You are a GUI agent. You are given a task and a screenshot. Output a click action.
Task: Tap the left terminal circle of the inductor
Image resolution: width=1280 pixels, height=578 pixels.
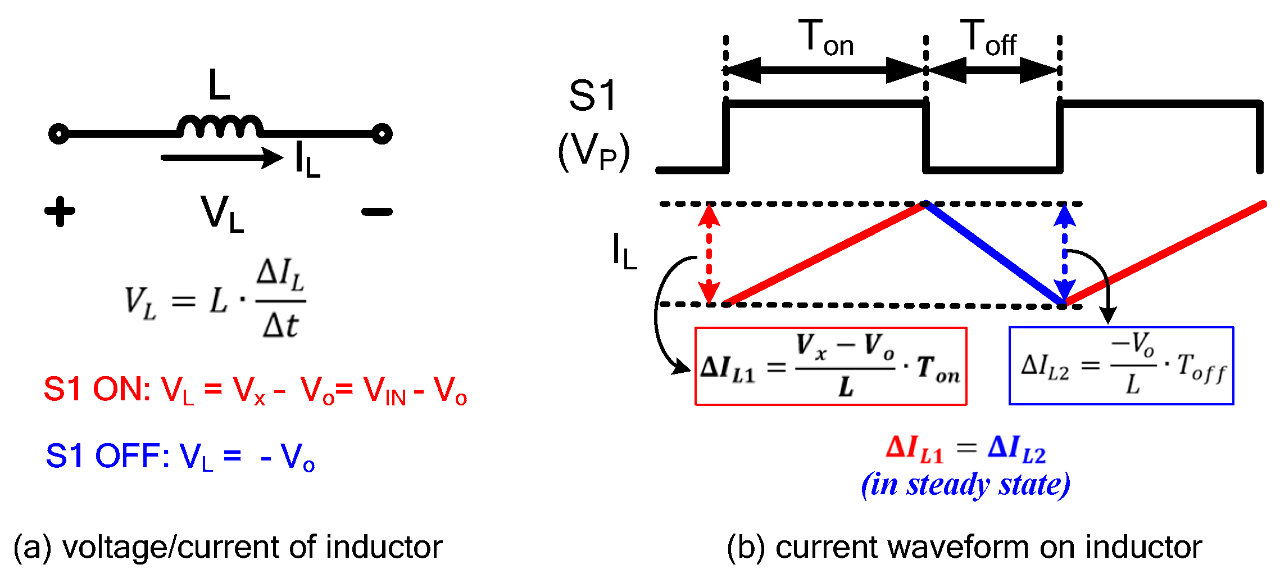click(x=59, y=134)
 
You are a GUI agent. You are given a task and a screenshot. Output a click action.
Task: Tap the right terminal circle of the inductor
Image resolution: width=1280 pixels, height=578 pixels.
click(x=382, y=134)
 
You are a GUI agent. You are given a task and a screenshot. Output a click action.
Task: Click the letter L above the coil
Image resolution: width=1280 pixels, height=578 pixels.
click(x=219, y=85)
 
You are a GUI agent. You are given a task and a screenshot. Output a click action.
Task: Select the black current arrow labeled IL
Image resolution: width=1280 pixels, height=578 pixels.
click(x=222, y=157)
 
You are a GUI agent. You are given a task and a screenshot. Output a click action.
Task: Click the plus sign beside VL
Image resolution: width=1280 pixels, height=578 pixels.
click(x=60, y=212)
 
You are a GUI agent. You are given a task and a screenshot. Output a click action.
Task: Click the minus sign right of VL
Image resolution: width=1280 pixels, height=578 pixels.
click(x=376, y=212)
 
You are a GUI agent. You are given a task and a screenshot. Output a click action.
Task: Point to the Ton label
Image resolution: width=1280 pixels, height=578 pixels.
click(x=826, y=38)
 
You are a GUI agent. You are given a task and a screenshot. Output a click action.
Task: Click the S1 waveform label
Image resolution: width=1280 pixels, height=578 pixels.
click(x=593, y=96)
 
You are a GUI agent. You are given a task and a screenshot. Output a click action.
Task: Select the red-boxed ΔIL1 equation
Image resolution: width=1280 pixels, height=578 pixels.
click(x=830, y=366)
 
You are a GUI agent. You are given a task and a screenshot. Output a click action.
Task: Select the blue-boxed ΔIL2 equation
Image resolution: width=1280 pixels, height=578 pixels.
click(x=1122, y=365)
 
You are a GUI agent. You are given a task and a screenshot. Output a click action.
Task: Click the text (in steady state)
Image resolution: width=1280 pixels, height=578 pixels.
click(x=965, y=485)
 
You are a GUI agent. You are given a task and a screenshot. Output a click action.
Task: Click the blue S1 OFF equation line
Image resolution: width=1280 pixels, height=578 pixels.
click(x=180, y=457)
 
